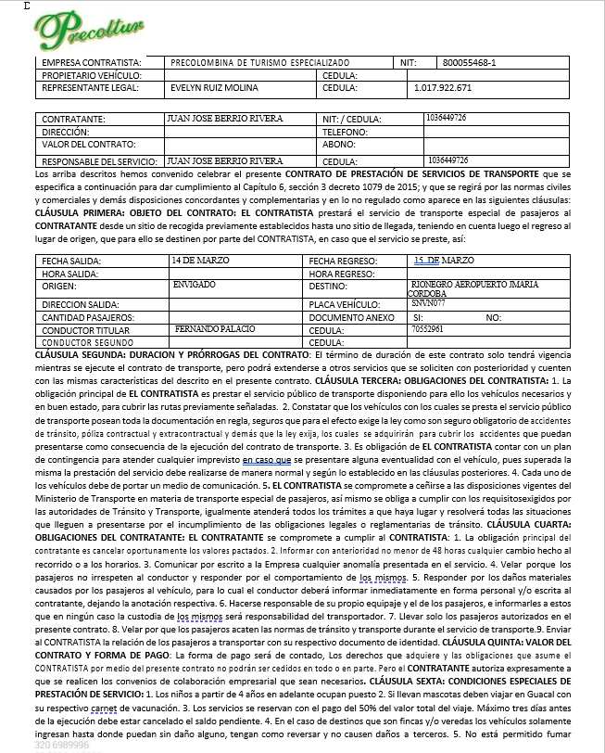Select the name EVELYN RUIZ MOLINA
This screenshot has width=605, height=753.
click(x=214, y=89)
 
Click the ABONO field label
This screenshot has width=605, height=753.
click(x=339, y=145)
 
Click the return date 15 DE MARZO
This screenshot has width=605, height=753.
click(x=444, y=262)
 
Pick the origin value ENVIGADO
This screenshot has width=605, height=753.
click(x=195, y=286)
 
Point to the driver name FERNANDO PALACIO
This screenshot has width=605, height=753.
click(x=208, y=329)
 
